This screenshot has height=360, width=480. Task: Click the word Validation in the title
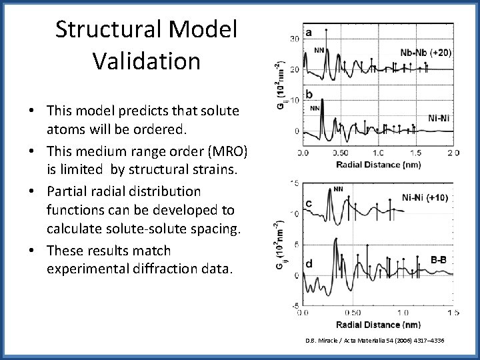point(147,61)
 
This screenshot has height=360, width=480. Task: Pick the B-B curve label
point(438,260)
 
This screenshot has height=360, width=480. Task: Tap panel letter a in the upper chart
point(309,32)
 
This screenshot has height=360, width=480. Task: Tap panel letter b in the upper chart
point(309,93)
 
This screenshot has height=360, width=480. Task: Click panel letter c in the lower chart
point(309,203)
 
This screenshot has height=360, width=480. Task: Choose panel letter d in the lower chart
point(309,264)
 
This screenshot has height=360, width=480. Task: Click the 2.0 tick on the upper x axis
point(453,153)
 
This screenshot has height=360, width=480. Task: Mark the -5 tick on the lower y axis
point(295,305)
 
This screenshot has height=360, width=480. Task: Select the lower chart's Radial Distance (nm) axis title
point(377,324)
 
